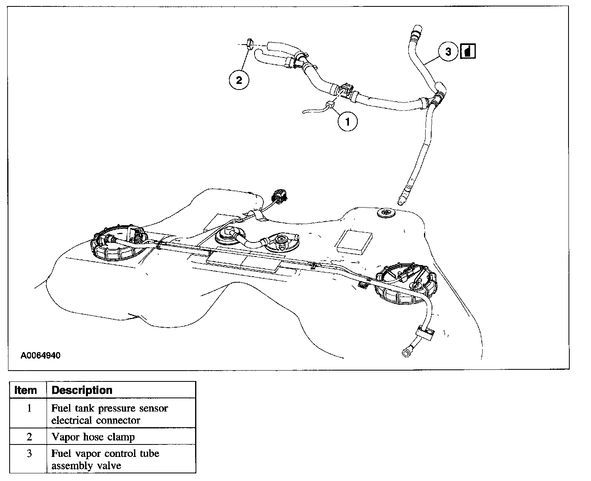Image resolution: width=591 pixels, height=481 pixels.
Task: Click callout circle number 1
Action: click(x=348, y=121)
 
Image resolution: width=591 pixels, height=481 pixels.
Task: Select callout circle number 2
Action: click(x=239, y=81)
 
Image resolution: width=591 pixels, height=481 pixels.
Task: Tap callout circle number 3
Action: click(x=448, y=51)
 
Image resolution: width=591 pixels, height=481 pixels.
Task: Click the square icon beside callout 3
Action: click(x=469, y=51)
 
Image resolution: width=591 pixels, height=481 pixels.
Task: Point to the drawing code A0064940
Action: click(x=41, y=356)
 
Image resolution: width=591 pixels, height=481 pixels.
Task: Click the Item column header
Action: click(x=26, y=390)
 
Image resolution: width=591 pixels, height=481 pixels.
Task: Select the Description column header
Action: click(x=82, y=390)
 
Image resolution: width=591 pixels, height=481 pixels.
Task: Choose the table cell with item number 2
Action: click(x=29, y=437)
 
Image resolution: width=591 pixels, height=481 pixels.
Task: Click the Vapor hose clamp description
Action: click(x=93, y=437)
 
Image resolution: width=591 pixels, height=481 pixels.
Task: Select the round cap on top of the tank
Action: click(x=386, y=212)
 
